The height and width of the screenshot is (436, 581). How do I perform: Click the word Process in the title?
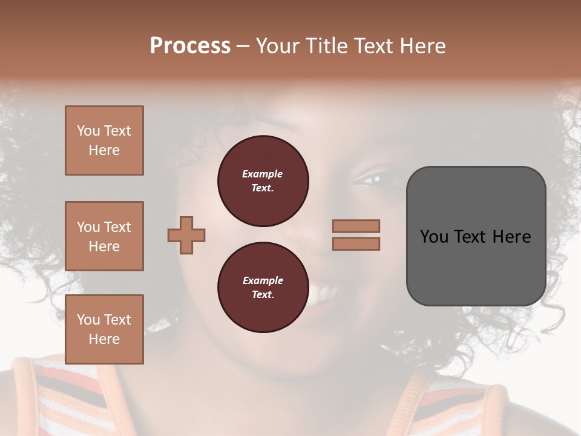(190, 46)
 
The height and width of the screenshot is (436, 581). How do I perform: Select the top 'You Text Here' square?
(104, 140)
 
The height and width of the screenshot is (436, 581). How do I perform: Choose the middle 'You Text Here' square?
(104, 236)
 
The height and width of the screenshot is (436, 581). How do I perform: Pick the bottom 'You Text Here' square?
(104, 329)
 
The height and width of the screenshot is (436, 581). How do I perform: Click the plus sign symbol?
(186, 234)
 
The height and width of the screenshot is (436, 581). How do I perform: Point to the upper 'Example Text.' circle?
(263, 180)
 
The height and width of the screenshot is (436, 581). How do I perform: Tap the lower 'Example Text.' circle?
(263, 287)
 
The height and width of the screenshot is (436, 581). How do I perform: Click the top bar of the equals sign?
(356, 226)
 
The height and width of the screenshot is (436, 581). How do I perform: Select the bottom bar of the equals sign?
(356, 243)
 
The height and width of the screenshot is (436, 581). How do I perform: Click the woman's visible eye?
(371, 180)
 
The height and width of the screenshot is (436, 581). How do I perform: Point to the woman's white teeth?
(324, 295)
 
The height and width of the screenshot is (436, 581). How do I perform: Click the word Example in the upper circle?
(263, 174)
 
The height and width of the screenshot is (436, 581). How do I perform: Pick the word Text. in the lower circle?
(263, 294)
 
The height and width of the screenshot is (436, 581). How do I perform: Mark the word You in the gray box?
(434, 237)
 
